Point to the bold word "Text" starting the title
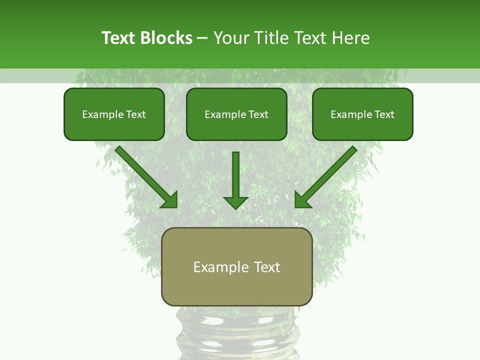(119, 38)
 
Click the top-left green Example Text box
(114, 114)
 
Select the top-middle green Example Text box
(236, 114)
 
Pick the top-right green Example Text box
(362, 114)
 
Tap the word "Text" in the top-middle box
(258, 114)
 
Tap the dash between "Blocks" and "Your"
(202, 38)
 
